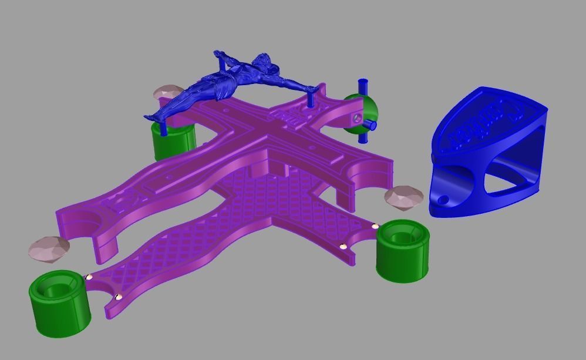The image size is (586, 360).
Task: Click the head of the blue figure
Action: pos(262,60)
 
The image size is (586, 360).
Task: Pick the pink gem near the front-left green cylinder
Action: pos(48,248)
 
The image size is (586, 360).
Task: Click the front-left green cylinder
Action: pos(60,302)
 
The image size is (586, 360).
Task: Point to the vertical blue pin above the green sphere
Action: pos(362,88)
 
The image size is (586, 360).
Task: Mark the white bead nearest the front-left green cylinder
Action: pos(89,277)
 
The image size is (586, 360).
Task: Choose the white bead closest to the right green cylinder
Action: pos(375,226)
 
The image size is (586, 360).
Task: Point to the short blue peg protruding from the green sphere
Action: pos(372,125)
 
